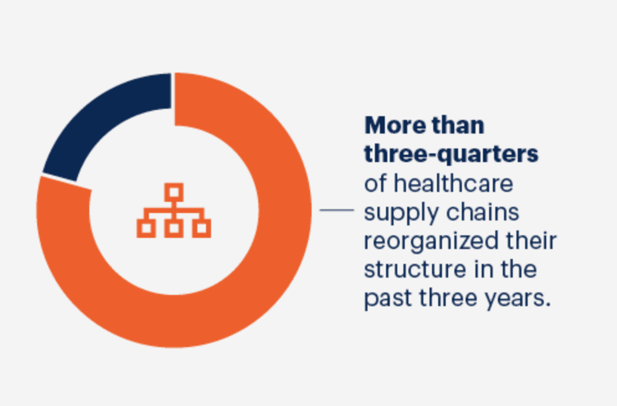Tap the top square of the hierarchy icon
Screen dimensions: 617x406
coord(174,192)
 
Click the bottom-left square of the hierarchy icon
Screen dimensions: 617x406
coord(146,228)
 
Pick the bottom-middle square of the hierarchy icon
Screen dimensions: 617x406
coord(174,228)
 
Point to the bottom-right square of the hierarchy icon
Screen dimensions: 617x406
coord(201,228)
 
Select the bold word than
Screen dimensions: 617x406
coord(458,125)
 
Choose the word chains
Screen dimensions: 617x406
coord(483,212)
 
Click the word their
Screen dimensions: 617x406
coord(531,241)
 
